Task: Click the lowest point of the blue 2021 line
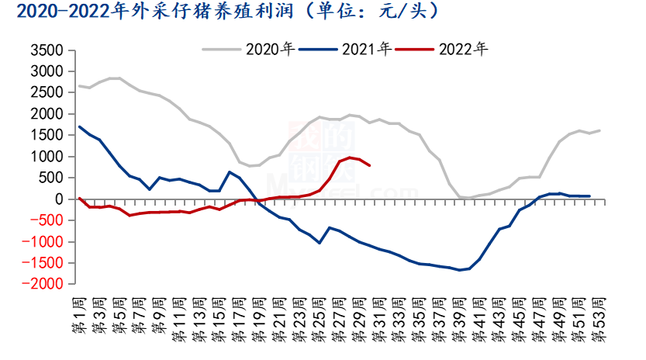tap(459, 270)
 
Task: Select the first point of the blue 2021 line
tap(79, 127)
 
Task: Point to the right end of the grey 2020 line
tap(599, 130)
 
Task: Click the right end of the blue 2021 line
tap(589, 196)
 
